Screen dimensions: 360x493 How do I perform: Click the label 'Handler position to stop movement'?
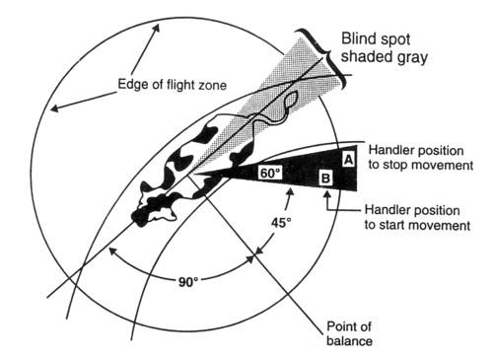(421, 155)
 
